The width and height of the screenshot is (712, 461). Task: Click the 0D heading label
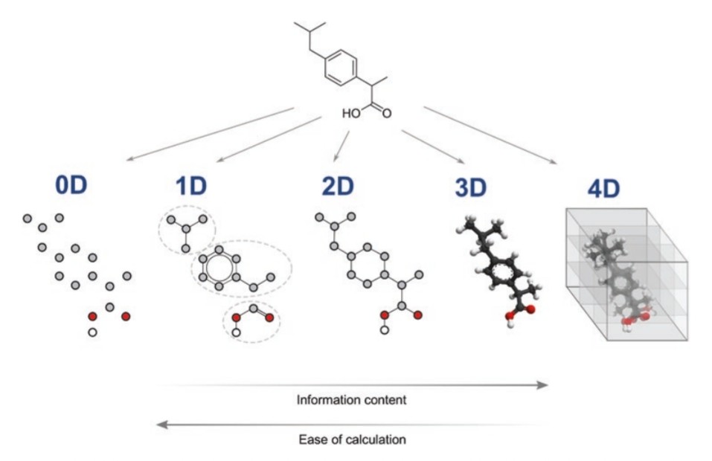point(71,185)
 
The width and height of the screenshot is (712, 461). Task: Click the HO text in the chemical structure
point(350,115)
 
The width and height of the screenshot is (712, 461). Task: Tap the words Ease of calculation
point(352,439)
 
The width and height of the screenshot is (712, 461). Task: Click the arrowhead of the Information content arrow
point(543,384)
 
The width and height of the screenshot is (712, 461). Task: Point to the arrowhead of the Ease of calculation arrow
point(161,425)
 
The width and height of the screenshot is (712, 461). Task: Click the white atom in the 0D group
point(92,332)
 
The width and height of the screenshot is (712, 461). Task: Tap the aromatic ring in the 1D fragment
point(219,268)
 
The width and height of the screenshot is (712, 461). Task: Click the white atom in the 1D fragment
point(236,333)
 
